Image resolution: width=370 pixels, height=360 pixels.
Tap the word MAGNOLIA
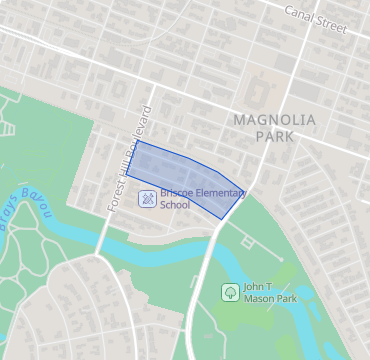273,120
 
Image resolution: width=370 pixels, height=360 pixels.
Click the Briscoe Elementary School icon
146,199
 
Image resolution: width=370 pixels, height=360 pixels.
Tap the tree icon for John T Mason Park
230,292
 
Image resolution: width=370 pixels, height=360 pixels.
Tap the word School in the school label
175,205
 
